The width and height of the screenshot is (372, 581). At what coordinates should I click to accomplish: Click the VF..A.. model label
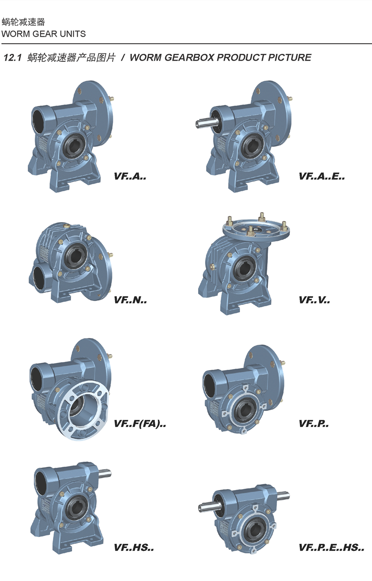(x=130, y=176)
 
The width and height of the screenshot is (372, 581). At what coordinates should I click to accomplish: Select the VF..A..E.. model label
(x=322, y=176)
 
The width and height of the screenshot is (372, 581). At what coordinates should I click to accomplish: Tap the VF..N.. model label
(x=130, y=300)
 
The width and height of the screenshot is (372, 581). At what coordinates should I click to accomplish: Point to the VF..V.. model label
(x=314, y=300)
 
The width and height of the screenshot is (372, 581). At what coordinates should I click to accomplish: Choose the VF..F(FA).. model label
(x=140, y=424)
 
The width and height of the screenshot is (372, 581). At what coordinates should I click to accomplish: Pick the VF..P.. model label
(x=314, y=424)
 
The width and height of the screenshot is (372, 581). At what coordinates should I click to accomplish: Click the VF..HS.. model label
(x=134, y=548)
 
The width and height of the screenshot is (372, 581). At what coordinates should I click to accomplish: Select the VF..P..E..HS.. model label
(x=332, y=548)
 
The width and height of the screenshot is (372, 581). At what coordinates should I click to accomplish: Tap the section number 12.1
(x=13, y=58)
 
